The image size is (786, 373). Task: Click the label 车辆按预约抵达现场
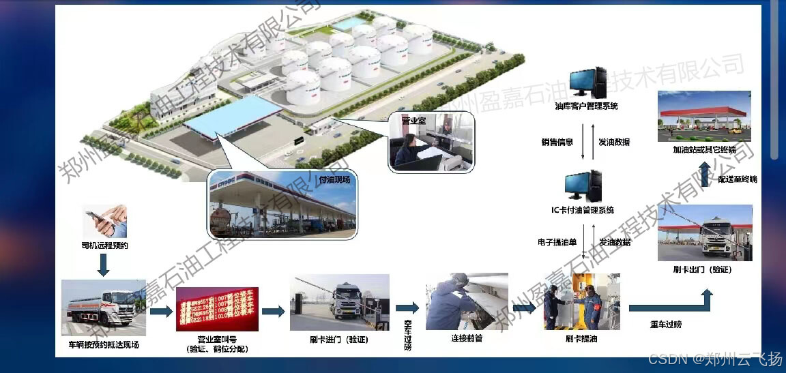click(104, 344)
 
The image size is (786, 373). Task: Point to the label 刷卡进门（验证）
click(339, 338)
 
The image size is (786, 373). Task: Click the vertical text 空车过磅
click(408, 335)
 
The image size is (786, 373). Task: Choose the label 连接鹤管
click(467, 338)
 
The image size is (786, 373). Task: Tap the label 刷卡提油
click(582, 338)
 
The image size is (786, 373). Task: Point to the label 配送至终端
click(737, 179)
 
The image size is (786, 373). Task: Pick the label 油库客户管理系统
click(586, 106)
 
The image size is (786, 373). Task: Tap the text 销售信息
click(557, 143)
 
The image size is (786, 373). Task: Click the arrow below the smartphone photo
click(104, 265)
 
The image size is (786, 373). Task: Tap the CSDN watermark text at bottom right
click(714, 359)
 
